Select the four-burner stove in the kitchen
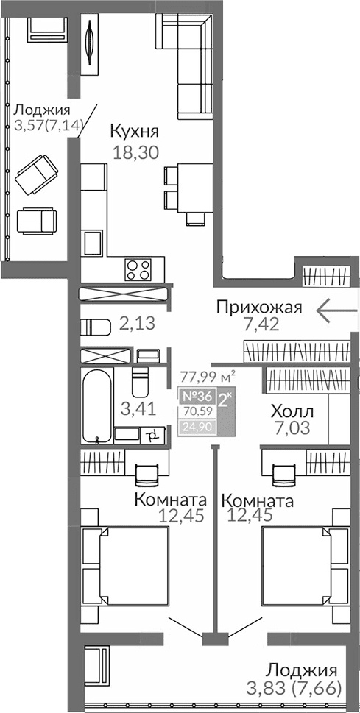pyautogui.click(x=138, y=269)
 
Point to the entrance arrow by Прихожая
pyautogui.click(x=336, y=311)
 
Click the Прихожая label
pyautogui.click(x=258, y=307)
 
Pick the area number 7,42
pyautogui.click(x=258, y=326)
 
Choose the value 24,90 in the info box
pyautogui.click(x=197, y=425)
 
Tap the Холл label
pyautogui.click(x=292, y=411)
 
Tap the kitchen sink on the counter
pyautogui.click(x=93, y=244)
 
